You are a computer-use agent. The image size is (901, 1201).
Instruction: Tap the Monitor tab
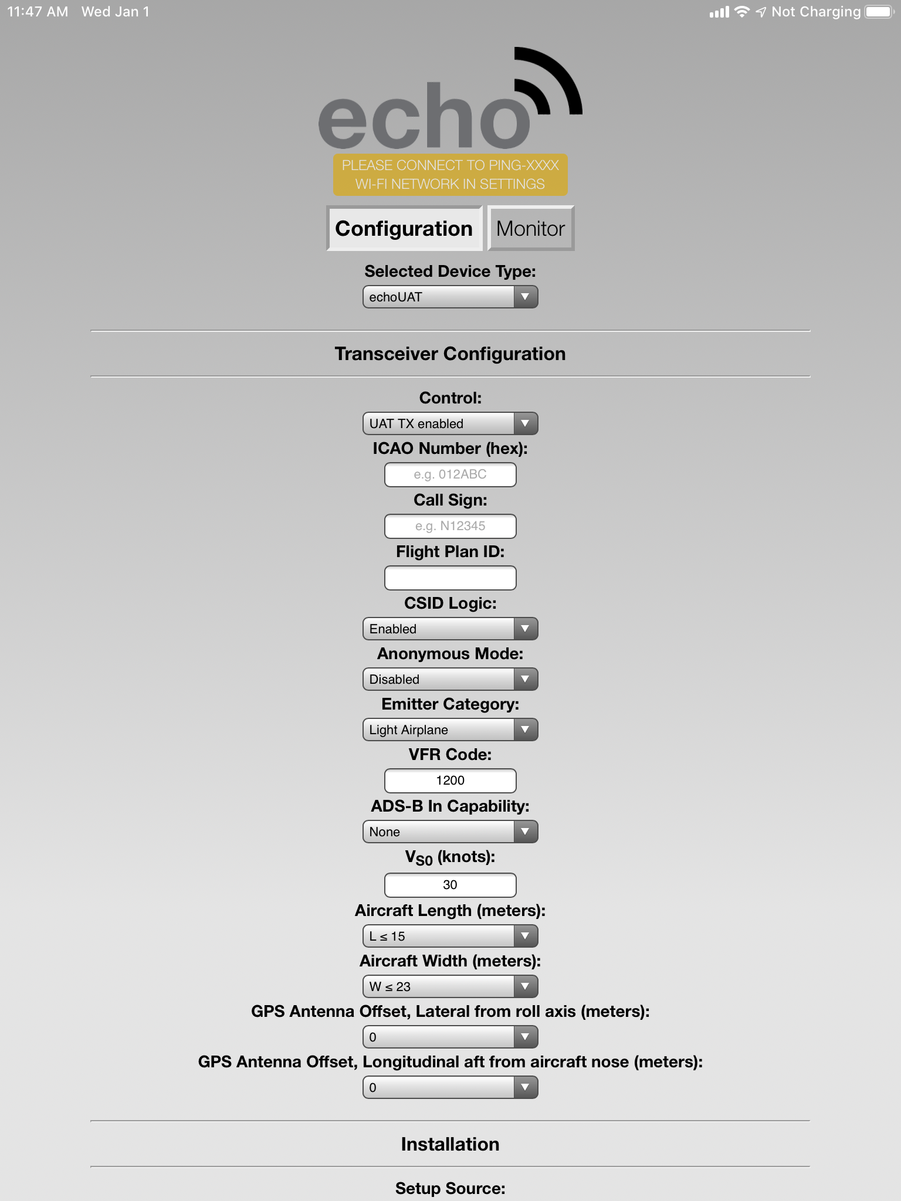pyautogui.click(x=530, y=229)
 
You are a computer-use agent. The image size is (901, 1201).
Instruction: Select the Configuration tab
pyautogui.click(x=404, y=229)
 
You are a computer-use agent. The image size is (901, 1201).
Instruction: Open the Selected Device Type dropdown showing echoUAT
pyautogui.click(x=450, y=297)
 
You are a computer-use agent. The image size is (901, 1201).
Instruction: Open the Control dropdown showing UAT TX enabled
pyautogui.click(x=450, y=423)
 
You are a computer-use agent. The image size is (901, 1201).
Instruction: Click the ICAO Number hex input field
pyautogui.click(x=450, y=474)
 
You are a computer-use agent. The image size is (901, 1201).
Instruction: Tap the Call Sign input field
pyautogui.click(x=450, y=526)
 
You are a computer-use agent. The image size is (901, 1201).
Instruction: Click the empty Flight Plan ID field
pyautogui.click(x=450, y=578)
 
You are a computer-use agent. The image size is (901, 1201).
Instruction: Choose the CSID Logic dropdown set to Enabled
pyautogui.click(x=450, y=629)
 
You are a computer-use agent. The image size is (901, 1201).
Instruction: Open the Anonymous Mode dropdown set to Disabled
pyautogui.click(x=450, y=679)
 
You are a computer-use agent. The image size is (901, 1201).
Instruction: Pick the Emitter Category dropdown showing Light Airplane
pyautogui.click(x=450, y=730)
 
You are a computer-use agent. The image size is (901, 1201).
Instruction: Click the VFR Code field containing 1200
pyautogui.click(x=450, y=781)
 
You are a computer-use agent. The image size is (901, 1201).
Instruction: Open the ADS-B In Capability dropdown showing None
pyautogui.click(x=450, y=832)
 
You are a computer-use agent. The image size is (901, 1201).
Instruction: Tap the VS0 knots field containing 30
pyautogui.click(x=450, y=885)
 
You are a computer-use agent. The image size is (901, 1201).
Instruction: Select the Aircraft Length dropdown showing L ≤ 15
pyautogui.click(x=450, y=936)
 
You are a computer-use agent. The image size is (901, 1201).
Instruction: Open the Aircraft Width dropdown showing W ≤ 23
pyautogui.click(x=450, y=986)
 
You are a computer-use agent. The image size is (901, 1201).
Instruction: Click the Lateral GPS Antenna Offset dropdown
pyautogui.click(x=450, y=1037)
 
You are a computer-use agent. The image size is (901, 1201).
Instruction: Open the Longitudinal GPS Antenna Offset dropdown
pyautogui.click(x=450, y=1087)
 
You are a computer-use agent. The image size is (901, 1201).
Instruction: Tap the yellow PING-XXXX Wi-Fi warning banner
pyautogui.click(x=450, y=175)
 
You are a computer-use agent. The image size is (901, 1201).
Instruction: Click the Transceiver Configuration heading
pyautogui.click(x=450, y=354)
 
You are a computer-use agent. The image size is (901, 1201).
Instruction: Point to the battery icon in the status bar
pyautogui.click(x=879, y=12)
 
